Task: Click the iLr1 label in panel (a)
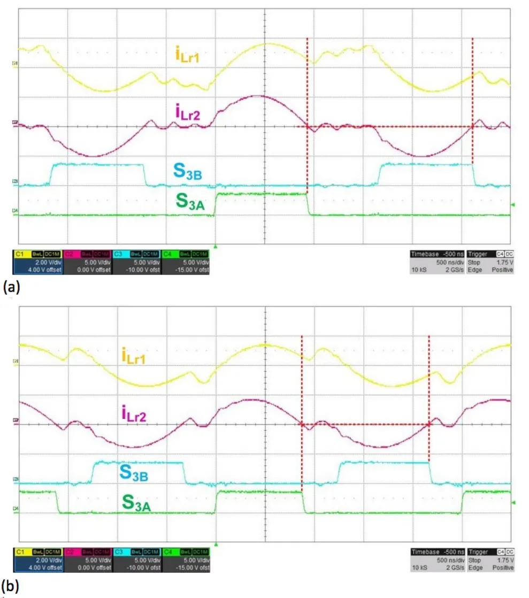pyautogui.click(x=187, y=55)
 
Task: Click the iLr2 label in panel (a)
pyautogui.click(x=187, y=112)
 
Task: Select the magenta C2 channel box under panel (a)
pyautogui.click(x=87, y=262)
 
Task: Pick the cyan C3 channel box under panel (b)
pyautogui.click(x=136, y=559)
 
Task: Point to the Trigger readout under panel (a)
pyautogui.click(x=490, y=262)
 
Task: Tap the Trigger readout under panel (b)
pyautogui.click(x=490, y=559)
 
